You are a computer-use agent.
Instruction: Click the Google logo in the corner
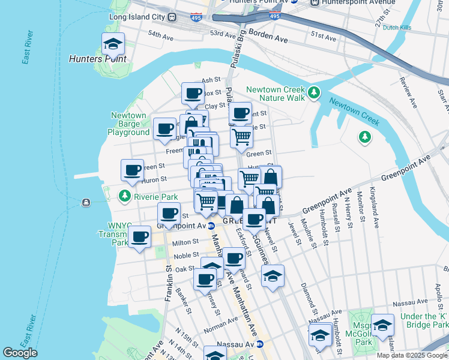click(20, 353)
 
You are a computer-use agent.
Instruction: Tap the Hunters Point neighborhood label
click(97, 59)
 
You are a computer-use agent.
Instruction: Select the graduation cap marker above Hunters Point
click(112, 43)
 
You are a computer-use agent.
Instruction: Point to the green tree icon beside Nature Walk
click(314, 93)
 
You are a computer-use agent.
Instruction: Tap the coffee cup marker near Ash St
click(193, 93)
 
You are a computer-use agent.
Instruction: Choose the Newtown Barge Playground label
click(129, 124)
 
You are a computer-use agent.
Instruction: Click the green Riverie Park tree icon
click(125, 196)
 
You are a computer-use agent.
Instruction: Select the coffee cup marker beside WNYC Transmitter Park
click(140, 236)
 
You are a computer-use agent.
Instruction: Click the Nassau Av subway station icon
click(260, 344)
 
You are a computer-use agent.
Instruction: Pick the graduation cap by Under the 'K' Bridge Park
click(382, 325)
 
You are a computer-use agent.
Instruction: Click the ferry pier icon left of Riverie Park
click(88, 202)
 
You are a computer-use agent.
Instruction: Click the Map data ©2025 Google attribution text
click(412, 355)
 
